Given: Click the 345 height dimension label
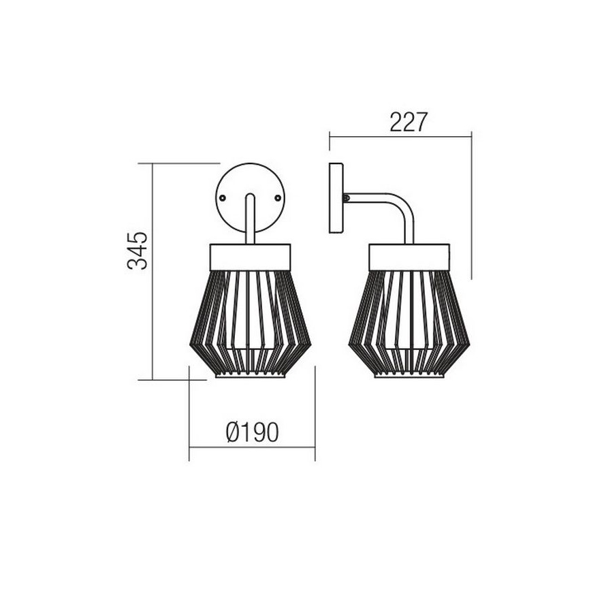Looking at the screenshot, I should click(138, 251).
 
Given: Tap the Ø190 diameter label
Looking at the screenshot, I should click(252, 432).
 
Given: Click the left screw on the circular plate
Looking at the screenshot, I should click(223, 195).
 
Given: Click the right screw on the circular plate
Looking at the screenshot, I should click(278, 195).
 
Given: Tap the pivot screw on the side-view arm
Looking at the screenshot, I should click(347, 197).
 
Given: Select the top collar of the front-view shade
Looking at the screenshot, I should click(251, 256).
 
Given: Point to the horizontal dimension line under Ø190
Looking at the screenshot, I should click(252, 447).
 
